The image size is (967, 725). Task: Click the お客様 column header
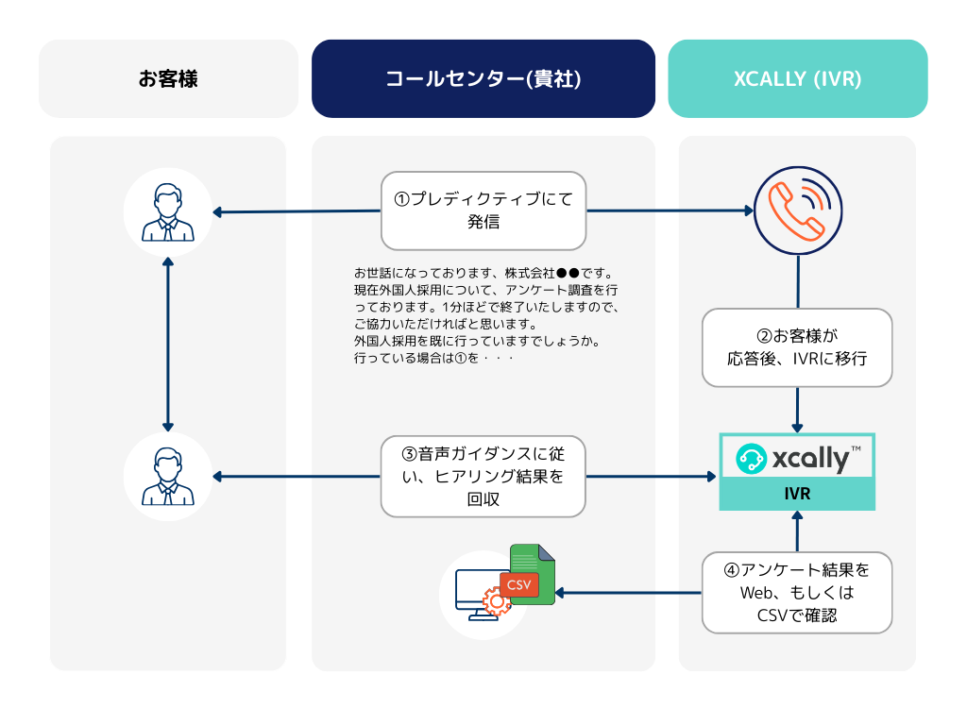pyautogui.click(x=168, y=79)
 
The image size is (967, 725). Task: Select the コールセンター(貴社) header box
pyautogui.click(x=483, y=79)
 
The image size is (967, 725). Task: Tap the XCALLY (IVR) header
pyautogui.click(x=797, y=79)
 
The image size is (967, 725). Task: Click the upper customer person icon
pyautogui.click(x=167, y=212)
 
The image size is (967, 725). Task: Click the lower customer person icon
pyautogui.click(x=167, y=477)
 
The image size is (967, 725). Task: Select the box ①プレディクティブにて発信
pyautogui.click(x=483, y=210)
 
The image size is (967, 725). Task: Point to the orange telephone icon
pyautogui.click(x=798, y=210)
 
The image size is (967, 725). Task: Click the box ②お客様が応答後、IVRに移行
pyautogui.click(x=797, y=347)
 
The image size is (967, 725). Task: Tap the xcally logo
pyautogui.click(x=797, y=458)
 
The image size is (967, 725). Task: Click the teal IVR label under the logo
pyautogui.click(x=797, y=494)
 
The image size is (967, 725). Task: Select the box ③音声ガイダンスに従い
pyautogui.click(x=483, y=476)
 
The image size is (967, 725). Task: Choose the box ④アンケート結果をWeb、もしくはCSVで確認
pyautogui.click(x=797, y=593)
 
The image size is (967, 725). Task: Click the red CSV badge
pyautogui.click(x=518, y=584)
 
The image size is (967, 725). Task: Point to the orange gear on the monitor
pyautogui.click(x=496, y=601)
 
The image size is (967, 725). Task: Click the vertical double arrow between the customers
pyautogui.click(x=167, y=345)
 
